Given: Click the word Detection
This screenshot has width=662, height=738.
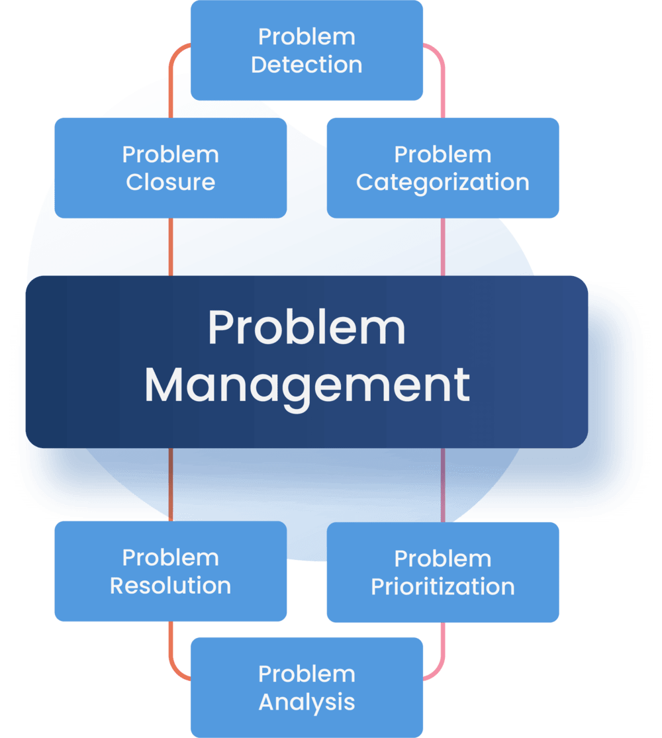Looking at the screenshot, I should point(307,65).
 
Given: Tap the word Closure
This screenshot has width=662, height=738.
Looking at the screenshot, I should point(170,182).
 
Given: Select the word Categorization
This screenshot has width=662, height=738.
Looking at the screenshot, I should point(442,182).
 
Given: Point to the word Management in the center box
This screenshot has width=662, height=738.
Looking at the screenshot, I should point(307,385).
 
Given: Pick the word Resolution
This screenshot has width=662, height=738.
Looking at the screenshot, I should point(170,586).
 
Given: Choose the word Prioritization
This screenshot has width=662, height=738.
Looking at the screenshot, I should point(442,586).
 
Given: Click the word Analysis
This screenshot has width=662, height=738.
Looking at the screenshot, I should point(307,702).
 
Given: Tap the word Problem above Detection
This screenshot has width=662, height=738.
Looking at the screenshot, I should point(307,37).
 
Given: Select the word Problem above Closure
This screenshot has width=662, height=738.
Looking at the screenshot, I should point(170,155).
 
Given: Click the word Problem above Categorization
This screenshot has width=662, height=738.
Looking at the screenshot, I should point(442,155).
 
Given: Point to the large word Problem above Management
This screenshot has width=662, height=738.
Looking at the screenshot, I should point(307,328).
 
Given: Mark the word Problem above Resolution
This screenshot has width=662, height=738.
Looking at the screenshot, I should point(170,558).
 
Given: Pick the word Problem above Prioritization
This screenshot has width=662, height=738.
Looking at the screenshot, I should point(442,559).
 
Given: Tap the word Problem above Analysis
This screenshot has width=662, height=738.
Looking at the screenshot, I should point(307,674).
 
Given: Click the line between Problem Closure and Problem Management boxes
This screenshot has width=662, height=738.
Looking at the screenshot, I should point(170,246).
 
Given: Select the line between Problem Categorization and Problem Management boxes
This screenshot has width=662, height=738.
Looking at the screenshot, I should point(443,246).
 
